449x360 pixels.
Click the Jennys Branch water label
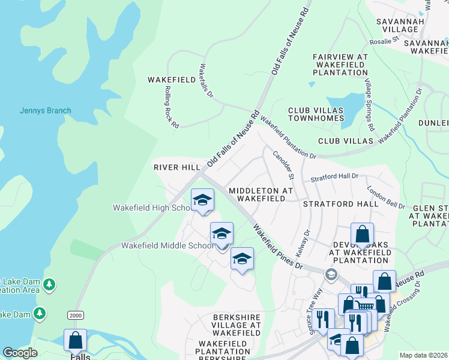click(45, 110)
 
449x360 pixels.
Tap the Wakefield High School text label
click(152, 208)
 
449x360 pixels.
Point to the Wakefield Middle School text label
click(167, 245)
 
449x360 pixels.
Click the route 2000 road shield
click(75, 315)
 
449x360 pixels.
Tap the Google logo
click(20, 353)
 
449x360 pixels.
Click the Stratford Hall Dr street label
click(334, 178)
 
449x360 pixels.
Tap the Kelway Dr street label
click(303, 241)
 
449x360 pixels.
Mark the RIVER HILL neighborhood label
click(176, 167)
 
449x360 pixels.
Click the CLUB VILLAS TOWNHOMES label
click(316, 114)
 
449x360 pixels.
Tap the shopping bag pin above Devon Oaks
click(362, 235)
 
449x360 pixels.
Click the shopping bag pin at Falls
click(76, 340)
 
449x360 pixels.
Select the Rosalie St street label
click(387, 41)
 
